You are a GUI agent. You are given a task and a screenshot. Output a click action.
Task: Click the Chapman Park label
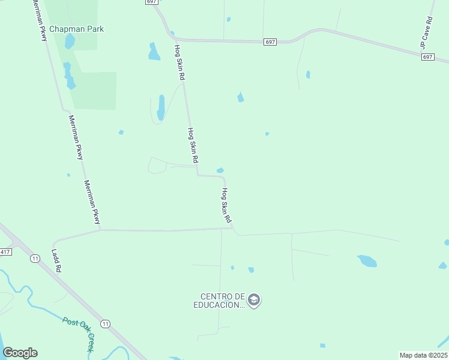(76, 29)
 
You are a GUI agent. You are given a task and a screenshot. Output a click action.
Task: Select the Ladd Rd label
(56, 261)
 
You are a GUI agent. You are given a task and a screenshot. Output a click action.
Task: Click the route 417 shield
(5, 251)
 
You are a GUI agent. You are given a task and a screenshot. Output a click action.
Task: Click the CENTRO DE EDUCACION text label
(223, 301)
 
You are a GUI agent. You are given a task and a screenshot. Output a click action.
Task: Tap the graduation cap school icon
(254, 300)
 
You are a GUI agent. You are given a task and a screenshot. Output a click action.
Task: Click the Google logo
(20, 353)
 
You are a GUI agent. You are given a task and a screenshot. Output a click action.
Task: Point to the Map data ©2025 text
(423, 355)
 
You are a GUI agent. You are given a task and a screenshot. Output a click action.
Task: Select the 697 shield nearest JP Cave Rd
(427, 57)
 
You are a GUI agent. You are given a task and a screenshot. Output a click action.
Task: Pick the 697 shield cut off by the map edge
(150, 2)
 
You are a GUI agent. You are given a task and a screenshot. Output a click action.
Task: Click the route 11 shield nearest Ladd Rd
(35, 259)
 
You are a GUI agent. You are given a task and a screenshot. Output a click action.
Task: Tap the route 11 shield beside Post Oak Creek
(106, 323)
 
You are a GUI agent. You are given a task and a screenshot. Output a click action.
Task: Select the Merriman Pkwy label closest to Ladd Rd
(92, 202)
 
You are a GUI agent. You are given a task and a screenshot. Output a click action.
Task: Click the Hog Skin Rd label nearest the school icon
(226, 206)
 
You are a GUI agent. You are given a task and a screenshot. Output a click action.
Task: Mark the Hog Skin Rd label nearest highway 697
(179, 63)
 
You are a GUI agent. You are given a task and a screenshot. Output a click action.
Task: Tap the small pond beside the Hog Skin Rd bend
(220, 170)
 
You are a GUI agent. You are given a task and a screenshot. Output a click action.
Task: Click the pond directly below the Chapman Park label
(70, 41)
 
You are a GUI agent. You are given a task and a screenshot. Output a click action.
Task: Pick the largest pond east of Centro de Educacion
(367, 261)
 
